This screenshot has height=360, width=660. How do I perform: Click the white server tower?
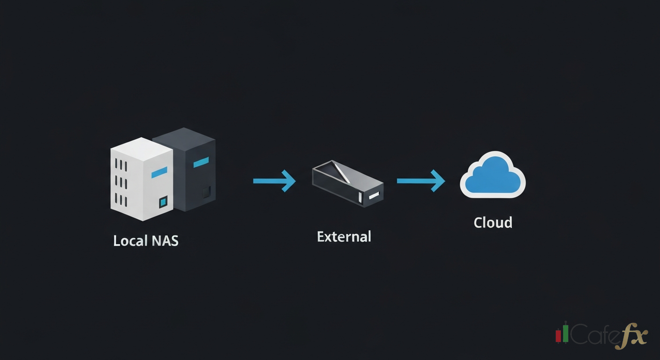pyautogui.click(x=141, y=180)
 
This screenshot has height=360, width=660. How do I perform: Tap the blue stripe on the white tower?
pyautogui.click(x=159, y=172)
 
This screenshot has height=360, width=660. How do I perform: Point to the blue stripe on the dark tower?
pyautogui.click(x=201, y=162)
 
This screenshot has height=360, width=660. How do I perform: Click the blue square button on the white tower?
pyautogui.click(x=163, y=202)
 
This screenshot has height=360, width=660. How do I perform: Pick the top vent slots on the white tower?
pyautogui.click(x=121, y=165)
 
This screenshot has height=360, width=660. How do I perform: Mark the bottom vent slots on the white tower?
pyautogui.click(x=121, y=200)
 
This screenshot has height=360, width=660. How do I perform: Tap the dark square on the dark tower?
pyautogui.click(x=206, y=191)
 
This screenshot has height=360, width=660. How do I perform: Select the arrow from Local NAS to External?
pyautogui.click(x=274, y=181)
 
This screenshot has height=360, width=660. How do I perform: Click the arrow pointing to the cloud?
pyautogui.click(x=420, y=181)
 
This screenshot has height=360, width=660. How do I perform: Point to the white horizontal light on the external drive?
pyautogui.click(x=374, y=196)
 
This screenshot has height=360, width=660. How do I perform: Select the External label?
pyautogui.click(x=344, y=236)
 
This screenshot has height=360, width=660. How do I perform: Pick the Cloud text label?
pyautogui.click(x=493, y=222)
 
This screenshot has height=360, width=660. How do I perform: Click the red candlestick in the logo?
pyautogui.click(x=558, y=335)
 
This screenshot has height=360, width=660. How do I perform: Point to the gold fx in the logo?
pyautogui.click(x=631, y=337)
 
